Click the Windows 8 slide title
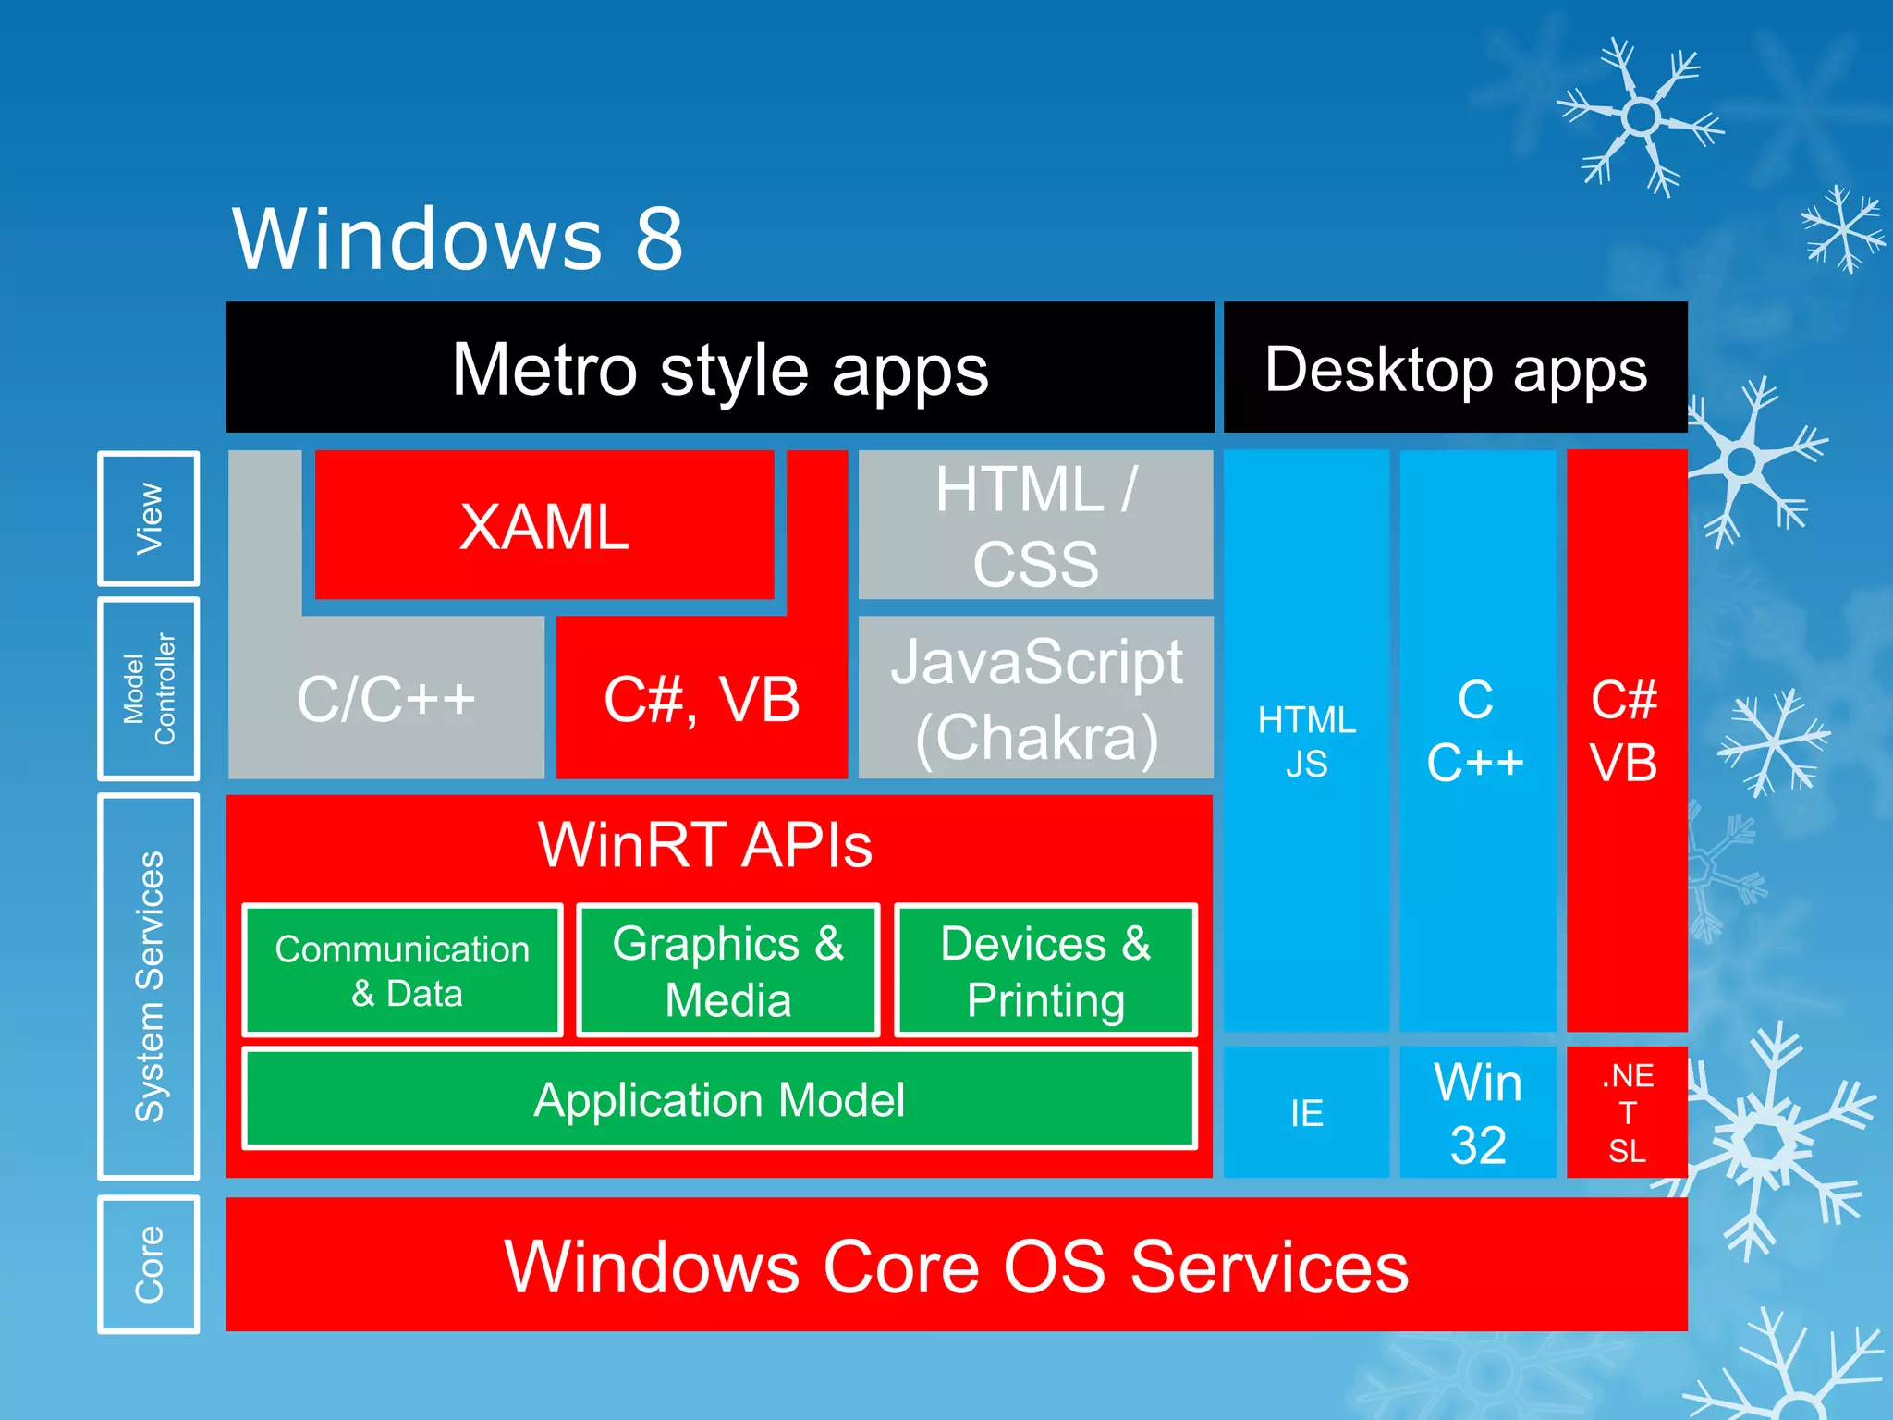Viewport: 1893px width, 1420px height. [458, 239]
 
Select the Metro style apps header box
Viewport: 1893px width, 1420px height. [720, 368]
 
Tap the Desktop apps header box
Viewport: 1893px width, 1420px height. [1455, 368]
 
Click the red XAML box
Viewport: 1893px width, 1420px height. [543, 526]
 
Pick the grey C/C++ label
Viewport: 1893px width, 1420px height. [385, 698]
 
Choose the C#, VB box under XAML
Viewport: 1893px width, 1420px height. [702, 698]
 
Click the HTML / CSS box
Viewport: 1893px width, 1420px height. [1035, 525]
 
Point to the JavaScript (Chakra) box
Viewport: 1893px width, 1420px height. [1035, 698]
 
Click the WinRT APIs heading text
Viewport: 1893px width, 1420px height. [704, 844]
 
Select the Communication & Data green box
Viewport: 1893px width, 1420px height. [402, 970]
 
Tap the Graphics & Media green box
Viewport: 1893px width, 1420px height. [727, 970]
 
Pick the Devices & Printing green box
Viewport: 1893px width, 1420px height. [1045, 970]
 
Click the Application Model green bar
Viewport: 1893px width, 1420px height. [719, 1098]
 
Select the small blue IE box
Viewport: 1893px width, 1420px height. [1306, 1112]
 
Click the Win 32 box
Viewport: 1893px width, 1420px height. [1477, 1112]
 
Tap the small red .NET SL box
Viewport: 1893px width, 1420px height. [1627, 1112]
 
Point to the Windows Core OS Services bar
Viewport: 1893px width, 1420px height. [957, 1265]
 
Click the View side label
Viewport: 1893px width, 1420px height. [149, 518]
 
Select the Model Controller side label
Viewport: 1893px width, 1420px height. [149, 689]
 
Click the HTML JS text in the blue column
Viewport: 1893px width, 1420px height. [1306, 741]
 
